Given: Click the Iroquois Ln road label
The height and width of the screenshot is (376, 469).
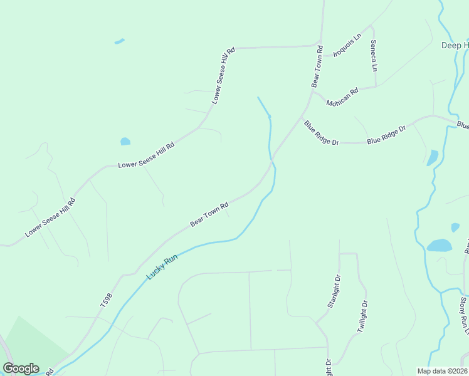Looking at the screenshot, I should point(348,45).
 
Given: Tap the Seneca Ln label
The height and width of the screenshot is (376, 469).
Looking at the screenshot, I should point(374,55).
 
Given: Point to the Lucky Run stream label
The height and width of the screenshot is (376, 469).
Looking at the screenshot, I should point(162,267).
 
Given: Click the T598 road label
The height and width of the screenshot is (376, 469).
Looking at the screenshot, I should point(106,300).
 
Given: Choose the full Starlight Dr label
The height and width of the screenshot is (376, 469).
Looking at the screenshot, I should point(333,291).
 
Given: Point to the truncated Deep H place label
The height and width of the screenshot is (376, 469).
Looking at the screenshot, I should point(455,45).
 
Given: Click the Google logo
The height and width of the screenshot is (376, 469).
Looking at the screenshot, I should point(21,368).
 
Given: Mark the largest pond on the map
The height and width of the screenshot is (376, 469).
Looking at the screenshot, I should point(440,245).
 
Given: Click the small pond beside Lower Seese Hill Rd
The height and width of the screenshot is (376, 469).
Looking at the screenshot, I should point(125,142).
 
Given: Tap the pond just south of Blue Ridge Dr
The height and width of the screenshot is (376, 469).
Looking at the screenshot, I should point(433,157).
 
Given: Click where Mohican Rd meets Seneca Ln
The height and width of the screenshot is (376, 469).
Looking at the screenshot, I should point(375,87).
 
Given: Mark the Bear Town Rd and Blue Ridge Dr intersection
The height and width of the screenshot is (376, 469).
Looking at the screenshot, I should point(302,117).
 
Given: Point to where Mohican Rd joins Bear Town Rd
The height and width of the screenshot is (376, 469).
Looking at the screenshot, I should point(314,93).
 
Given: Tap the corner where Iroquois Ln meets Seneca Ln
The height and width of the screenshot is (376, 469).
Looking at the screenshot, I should point(371,26).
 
